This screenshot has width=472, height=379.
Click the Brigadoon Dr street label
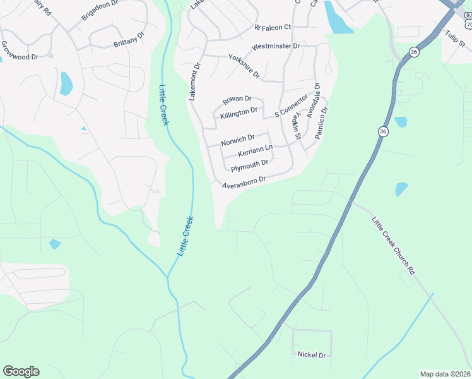(x=100, y=12)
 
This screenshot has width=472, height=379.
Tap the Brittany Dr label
(x=129, y=39)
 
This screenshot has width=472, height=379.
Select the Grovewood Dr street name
(x=20, y=51)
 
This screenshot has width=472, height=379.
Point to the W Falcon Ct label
(x=272, y=27)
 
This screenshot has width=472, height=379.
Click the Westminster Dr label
(x=275, y=47)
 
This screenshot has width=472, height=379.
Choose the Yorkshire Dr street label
(x=244, y=66)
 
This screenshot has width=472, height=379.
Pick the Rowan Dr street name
(x=237, y=99)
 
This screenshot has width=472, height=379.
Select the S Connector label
(x=291, y=106)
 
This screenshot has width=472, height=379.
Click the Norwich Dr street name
(x=237, y=140)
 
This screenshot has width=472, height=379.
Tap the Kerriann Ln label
(x=255, y=151)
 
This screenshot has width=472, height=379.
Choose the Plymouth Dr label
(x=249, y=165)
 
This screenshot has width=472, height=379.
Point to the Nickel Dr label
(x=311, y=355)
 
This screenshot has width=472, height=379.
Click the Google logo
(x=21, y=371)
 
